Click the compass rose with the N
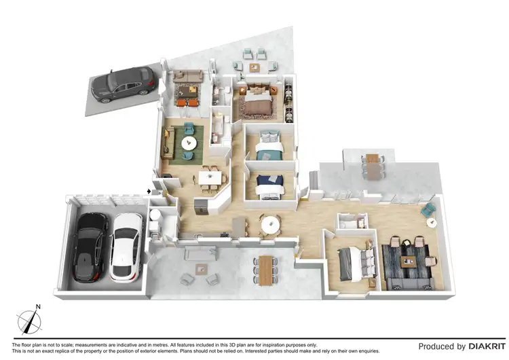[x=28, y=318]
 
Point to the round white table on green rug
[x=187, y=143]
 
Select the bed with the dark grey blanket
[x=355, y=262]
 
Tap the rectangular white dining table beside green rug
[x=208, y=178]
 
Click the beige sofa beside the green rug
[x=167, y=142]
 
